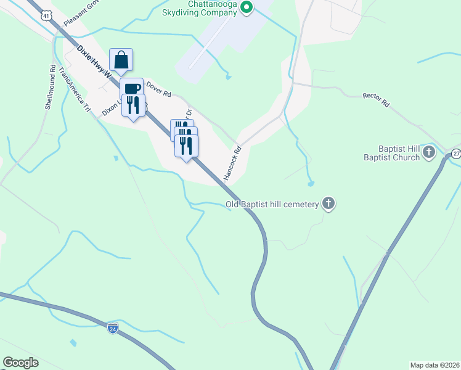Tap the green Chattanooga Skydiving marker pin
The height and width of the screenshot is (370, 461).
coord(247,8)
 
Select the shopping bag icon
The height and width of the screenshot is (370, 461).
coord(121,60)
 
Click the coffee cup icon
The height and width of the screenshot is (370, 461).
coord(132,88)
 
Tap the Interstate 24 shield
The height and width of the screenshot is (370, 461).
coord(112,328)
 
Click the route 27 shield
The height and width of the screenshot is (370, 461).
coord(456,153)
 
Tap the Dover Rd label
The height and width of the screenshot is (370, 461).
coord(158,91)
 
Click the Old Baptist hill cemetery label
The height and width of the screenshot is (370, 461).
coord(271,204)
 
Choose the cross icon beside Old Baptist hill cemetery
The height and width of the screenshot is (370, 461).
coord(329,204)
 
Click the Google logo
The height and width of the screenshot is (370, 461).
coord(20,363)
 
